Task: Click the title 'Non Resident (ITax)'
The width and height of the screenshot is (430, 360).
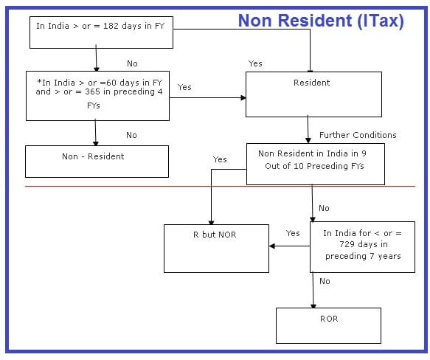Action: (321, 21)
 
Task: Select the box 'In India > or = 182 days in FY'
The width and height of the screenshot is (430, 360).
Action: (101, 32)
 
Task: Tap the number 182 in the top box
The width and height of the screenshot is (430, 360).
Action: (111, 26)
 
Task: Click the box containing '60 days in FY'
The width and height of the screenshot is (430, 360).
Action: (97, 96)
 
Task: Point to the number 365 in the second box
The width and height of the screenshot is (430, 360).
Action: (92, 91)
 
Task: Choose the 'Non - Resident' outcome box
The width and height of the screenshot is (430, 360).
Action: (97, 162)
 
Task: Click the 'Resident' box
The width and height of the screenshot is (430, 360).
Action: (313, 94)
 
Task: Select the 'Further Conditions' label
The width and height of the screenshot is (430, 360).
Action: (358, 135)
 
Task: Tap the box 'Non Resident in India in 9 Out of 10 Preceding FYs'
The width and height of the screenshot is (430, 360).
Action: (316, 164)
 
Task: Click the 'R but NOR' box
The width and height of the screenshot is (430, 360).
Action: (216, 249)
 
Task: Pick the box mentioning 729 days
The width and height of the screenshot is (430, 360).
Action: (362, 247)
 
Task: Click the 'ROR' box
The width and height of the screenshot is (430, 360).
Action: (328, 326)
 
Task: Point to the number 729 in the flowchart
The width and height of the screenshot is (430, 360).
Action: (347, 244)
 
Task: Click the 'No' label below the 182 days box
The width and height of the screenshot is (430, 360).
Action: (132, 63)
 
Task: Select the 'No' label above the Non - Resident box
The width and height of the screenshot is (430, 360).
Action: (131, 135)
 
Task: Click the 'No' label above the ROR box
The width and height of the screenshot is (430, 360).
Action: (325, 281)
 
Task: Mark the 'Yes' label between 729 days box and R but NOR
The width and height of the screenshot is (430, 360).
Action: (293, 233)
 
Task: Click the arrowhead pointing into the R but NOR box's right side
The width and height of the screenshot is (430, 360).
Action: (272, 246)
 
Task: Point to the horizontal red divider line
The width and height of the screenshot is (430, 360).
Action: (221, 187)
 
